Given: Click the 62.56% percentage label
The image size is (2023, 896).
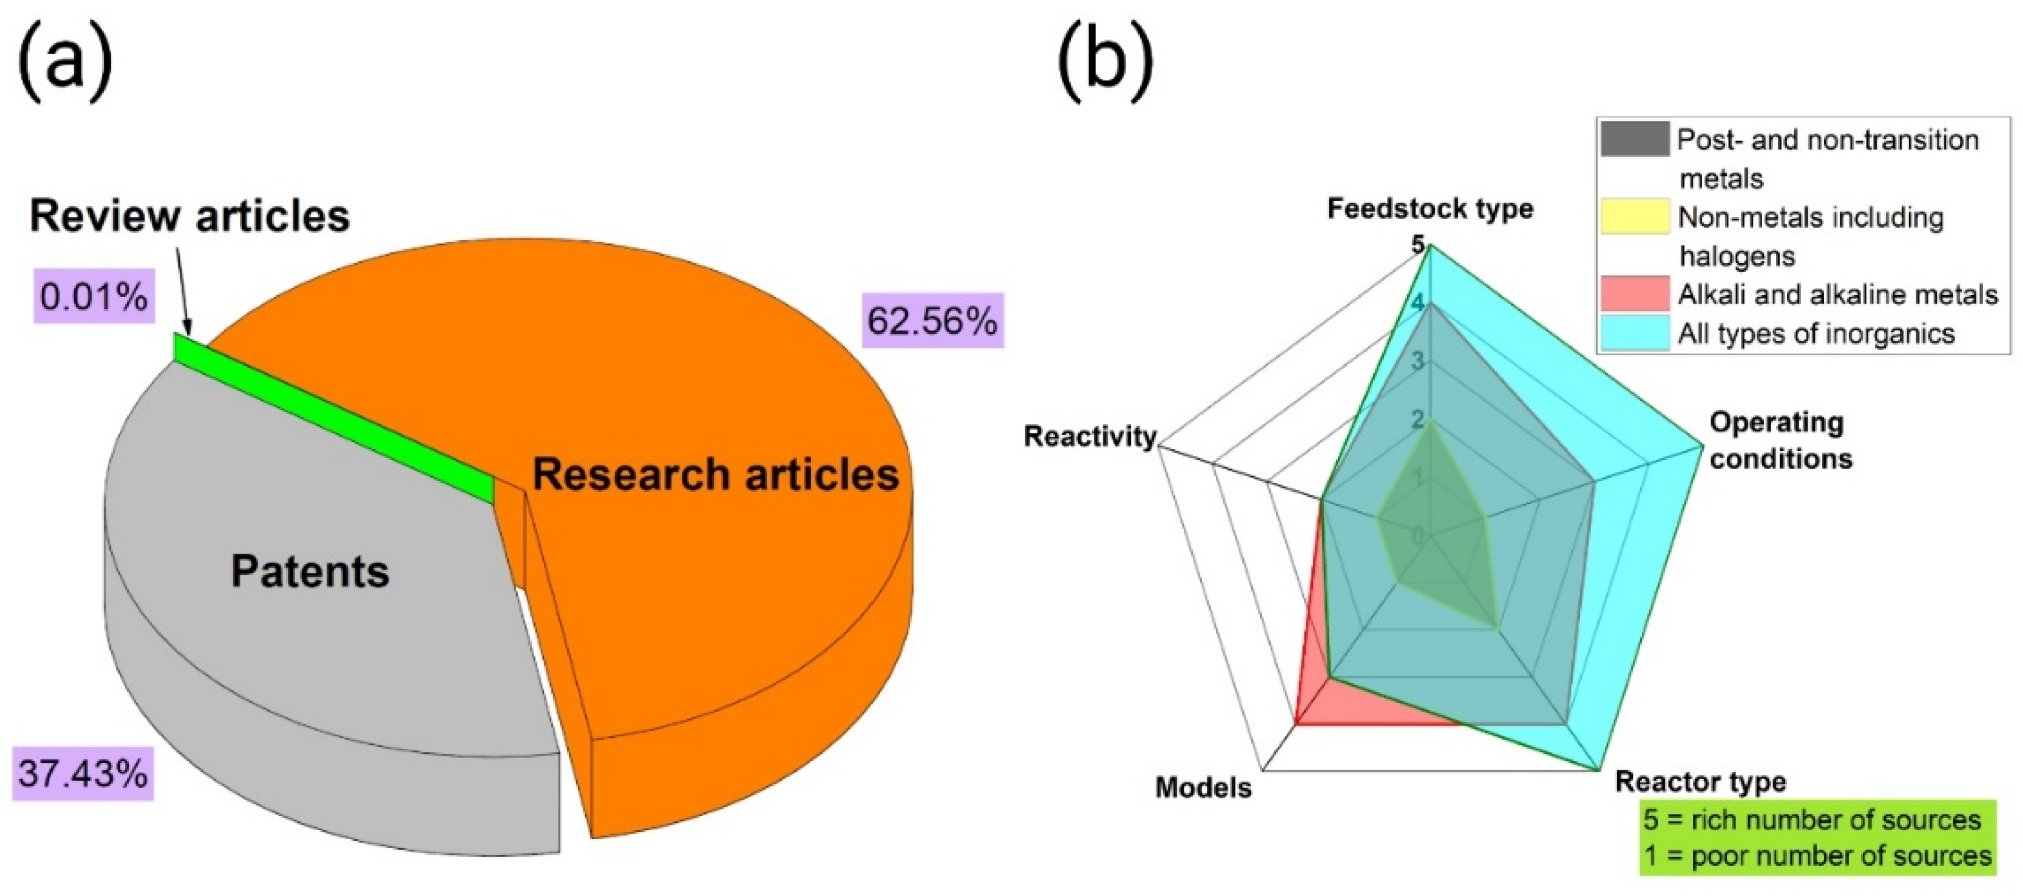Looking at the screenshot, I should (x=932, y=320).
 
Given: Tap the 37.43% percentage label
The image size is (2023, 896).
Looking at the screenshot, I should (x=83, y=773).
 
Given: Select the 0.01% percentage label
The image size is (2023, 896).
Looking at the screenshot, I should (x=93, y=297).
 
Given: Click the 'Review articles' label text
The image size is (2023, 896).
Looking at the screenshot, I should (x=189, y=216).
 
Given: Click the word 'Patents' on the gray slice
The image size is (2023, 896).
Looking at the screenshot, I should (x=310, y=571).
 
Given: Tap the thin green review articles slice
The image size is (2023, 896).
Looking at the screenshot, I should (x=330, y=416).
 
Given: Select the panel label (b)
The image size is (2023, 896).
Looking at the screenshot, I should (x=1106, y=63).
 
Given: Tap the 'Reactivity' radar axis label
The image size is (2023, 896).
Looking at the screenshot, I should (x=1089, y=437).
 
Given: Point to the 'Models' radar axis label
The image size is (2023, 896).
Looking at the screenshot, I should (x=1203, y=788).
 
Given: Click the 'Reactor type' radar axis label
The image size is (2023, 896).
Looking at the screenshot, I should (x=1700, y=782).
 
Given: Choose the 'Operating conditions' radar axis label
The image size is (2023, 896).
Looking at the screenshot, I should (x=1780, y=440).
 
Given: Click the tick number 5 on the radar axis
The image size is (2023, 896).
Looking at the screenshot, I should (x=1418, y=244).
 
